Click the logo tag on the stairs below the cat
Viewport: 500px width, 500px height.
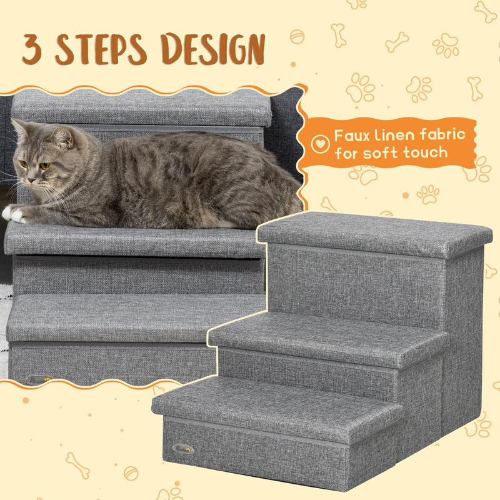(x=39, y=379)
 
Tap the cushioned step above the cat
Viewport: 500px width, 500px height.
(x=141, y=109)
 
